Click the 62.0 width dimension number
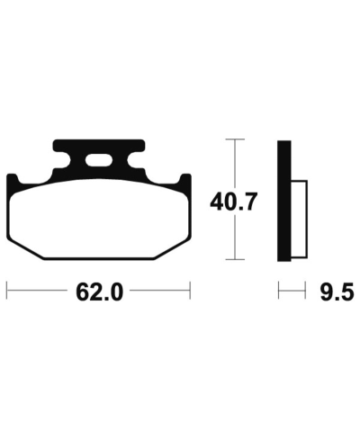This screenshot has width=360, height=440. [99, 292]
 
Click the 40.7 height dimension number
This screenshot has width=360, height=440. [234, 202]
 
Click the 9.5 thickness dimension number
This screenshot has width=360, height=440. [337, 292]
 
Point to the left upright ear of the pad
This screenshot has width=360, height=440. [12, 182]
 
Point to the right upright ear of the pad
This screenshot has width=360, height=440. [185, 182]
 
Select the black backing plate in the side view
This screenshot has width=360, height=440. [284, 201]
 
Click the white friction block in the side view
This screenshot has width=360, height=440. [299, 220]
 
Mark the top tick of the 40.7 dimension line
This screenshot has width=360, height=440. [235, 139]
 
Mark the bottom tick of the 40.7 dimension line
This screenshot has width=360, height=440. [235, 259]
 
